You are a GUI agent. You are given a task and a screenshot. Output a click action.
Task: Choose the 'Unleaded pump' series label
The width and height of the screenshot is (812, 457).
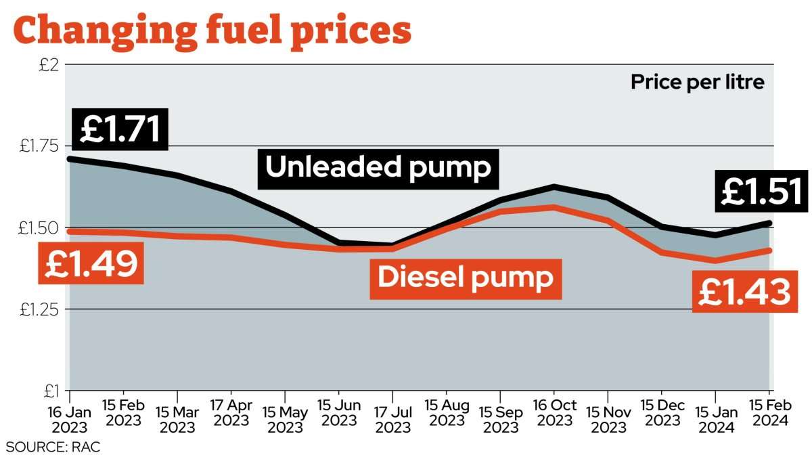click(x=378, y=167)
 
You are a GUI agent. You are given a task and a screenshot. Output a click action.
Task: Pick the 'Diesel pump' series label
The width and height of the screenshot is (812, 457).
click(x=465, y=277)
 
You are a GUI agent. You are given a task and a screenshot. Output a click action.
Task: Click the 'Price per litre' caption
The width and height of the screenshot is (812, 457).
click(x=697, y=83)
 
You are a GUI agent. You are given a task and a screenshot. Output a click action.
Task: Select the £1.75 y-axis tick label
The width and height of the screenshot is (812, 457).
click(x=41, y=146)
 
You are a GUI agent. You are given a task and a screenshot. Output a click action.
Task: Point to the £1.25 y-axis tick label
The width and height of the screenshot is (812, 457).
click(x=41, y=309)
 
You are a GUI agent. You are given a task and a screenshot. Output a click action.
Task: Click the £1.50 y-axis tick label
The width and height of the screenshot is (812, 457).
click(x=41, y=228)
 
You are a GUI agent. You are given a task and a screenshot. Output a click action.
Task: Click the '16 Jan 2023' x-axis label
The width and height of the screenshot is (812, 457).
click(x=70, y=420)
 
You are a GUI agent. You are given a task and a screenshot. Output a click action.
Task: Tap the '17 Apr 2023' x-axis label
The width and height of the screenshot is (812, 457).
click(x=231, y=420)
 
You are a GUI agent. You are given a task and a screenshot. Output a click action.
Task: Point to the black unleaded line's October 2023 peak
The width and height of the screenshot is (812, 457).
click(x=554, y=186)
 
